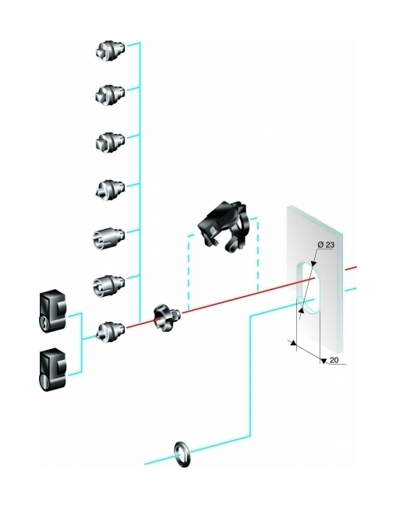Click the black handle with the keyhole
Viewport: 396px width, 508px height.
pos(53,312)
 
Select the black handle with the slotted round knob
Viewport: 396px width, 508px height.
pos(53,369)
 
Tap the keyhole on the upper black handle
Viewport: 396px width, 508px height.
pos(43,322)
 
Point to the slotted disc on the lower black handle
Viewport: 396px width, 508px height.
pos(43,380)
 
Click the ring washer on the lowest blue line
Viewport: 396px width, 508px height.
pos(182,454)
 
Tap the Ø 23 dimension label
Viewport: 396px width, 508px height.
pos(326,245)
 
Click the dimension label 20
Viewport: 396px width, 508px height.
pos(334,360)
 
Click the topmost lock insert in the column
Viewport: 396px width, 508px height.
pos(110,51)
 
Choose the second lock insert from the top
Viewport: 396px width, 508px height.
pos(110,95)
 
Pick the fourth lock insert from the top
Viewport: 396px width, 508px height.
pos(110,189)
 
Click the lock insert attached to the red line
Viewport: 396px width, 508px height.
pos(111,332)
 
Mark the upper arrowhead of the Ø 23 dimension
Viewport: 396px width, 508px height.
pos(313,263)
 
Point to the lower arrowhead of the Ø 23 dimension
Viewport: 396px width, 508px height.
pos(302,311)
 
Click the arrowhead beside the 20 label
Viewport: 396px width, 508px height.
pos(323,361)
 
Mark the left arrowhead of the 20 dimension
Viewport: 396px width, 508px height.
pos(294,343)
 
